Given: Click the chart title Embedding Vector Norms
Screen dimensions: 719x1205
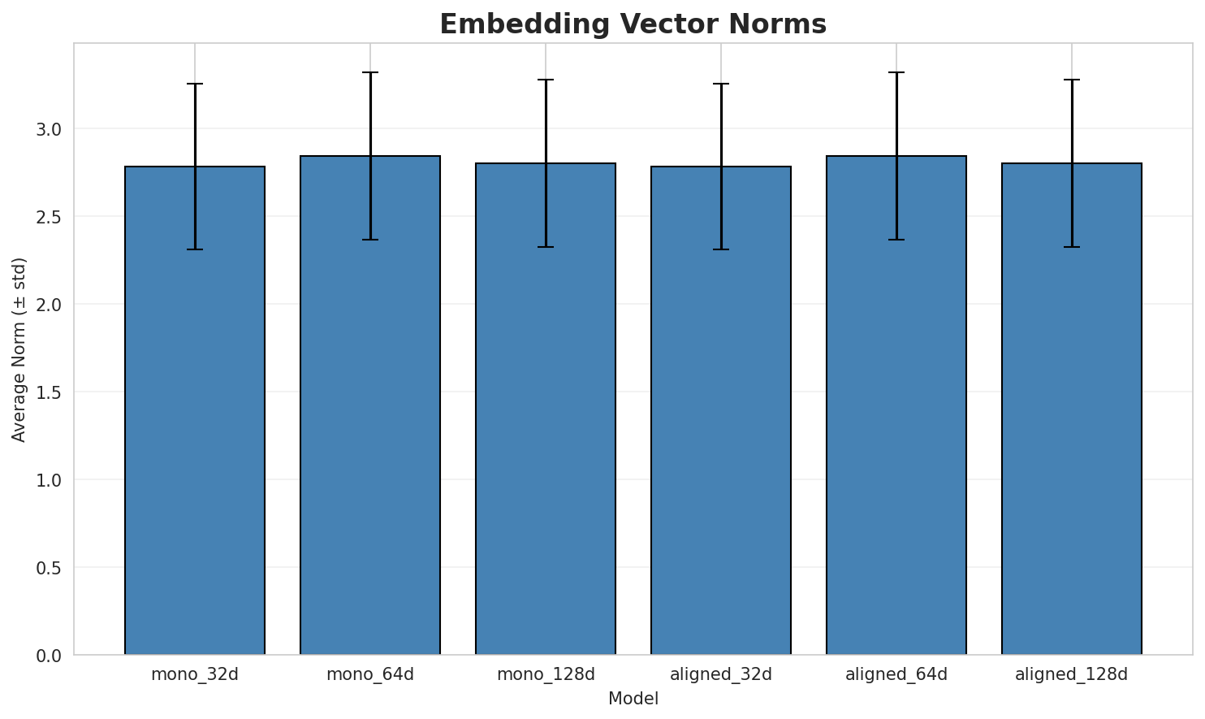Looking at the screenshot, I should (x=633, y=24).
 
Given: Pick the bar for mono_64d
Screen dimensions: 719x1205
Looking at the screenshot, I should (x=370, y=405).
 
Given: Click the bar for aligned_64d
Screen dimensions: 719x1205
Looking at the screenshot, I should (x=896, y=405).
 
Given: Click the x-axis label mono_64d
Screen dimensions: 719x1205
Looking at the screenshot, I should (x=370, y=674).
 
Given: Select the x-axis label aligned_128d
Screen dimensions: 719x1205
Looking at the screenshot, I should (x=1072, y=674).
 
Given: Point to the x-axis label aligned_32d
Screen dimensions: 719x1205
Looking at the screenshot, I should (x=721, y=674).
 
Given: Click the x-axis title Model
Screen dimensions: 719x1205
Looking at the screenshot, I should (x=633, y=699).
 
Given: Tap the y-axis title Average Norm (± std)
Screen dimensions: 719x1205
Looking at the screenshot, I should (x=19, y=349).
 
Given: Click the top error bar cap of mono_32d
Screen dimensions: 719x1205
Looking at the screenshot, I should (x=195, y=84).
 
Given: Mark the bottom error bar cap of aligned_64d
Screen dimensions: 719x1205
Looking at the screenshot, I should (x=896, y=240).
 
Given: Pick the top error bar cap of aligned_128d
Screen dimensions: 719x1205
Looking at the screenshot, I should (x=1072, y=80).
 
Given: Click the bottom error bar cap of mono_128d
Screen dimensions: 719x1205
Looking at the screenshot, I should (x=546, y=247).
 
